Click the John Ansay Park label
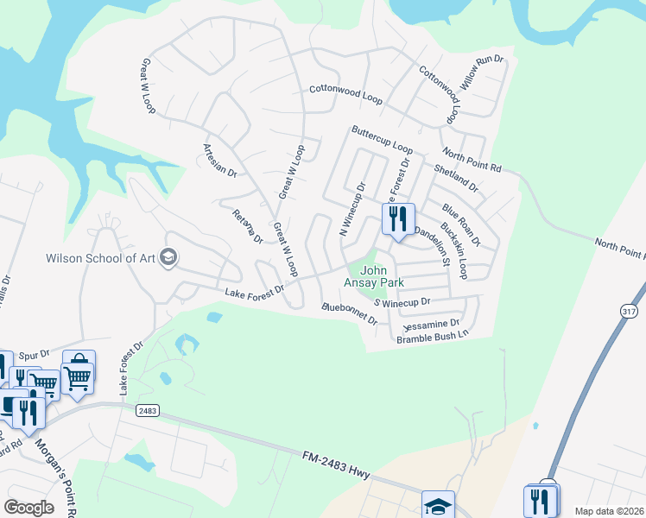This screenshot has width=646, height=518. pos(376,276)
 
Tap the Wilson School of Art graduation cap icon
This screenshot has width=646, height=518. pos(168,257)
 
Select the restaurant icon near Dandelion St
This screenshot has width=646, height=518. pos(398,219)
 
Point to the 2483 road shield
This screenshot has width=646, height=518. pos(148,412)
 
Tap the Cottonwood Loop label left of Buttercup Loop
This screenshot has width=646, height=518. pos(345,93)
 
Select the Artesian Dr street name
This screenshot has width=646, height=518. pos(220,161)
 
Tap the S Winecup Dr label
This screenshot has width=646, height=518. pos(402,302)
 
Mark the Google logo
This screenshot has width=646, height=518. pos(28,507)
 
